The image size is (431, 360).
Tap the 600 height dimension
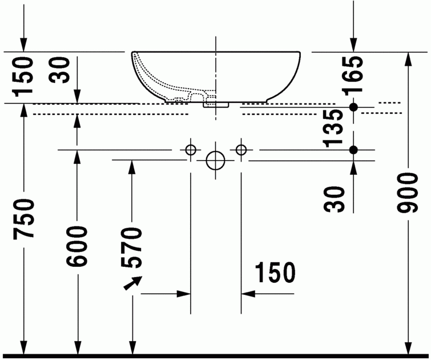click(x=76, y=246)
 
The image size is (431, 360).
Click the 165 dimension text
click(x=353, y=75)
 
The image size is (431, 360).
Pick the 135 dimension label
click(x=333, y=128)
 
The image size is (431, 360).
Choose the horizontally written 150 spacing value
click(x=275, y=273)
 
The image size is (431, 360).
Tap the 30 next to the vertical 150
click(x=60, y=70)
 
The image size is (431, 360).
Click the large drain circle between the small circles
click(x=216, y=161)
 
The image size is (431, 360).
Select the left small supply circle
click(x=191, y=150)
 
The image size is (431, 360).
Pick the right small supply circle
click(x=241, y=150)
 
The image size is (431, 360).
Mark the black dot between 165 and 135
click(x=353, y=107)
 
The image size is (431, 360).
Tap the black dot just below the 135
click(x=353, y=150)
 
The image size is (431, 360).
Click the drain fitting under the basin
click(x=216, y=105)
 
